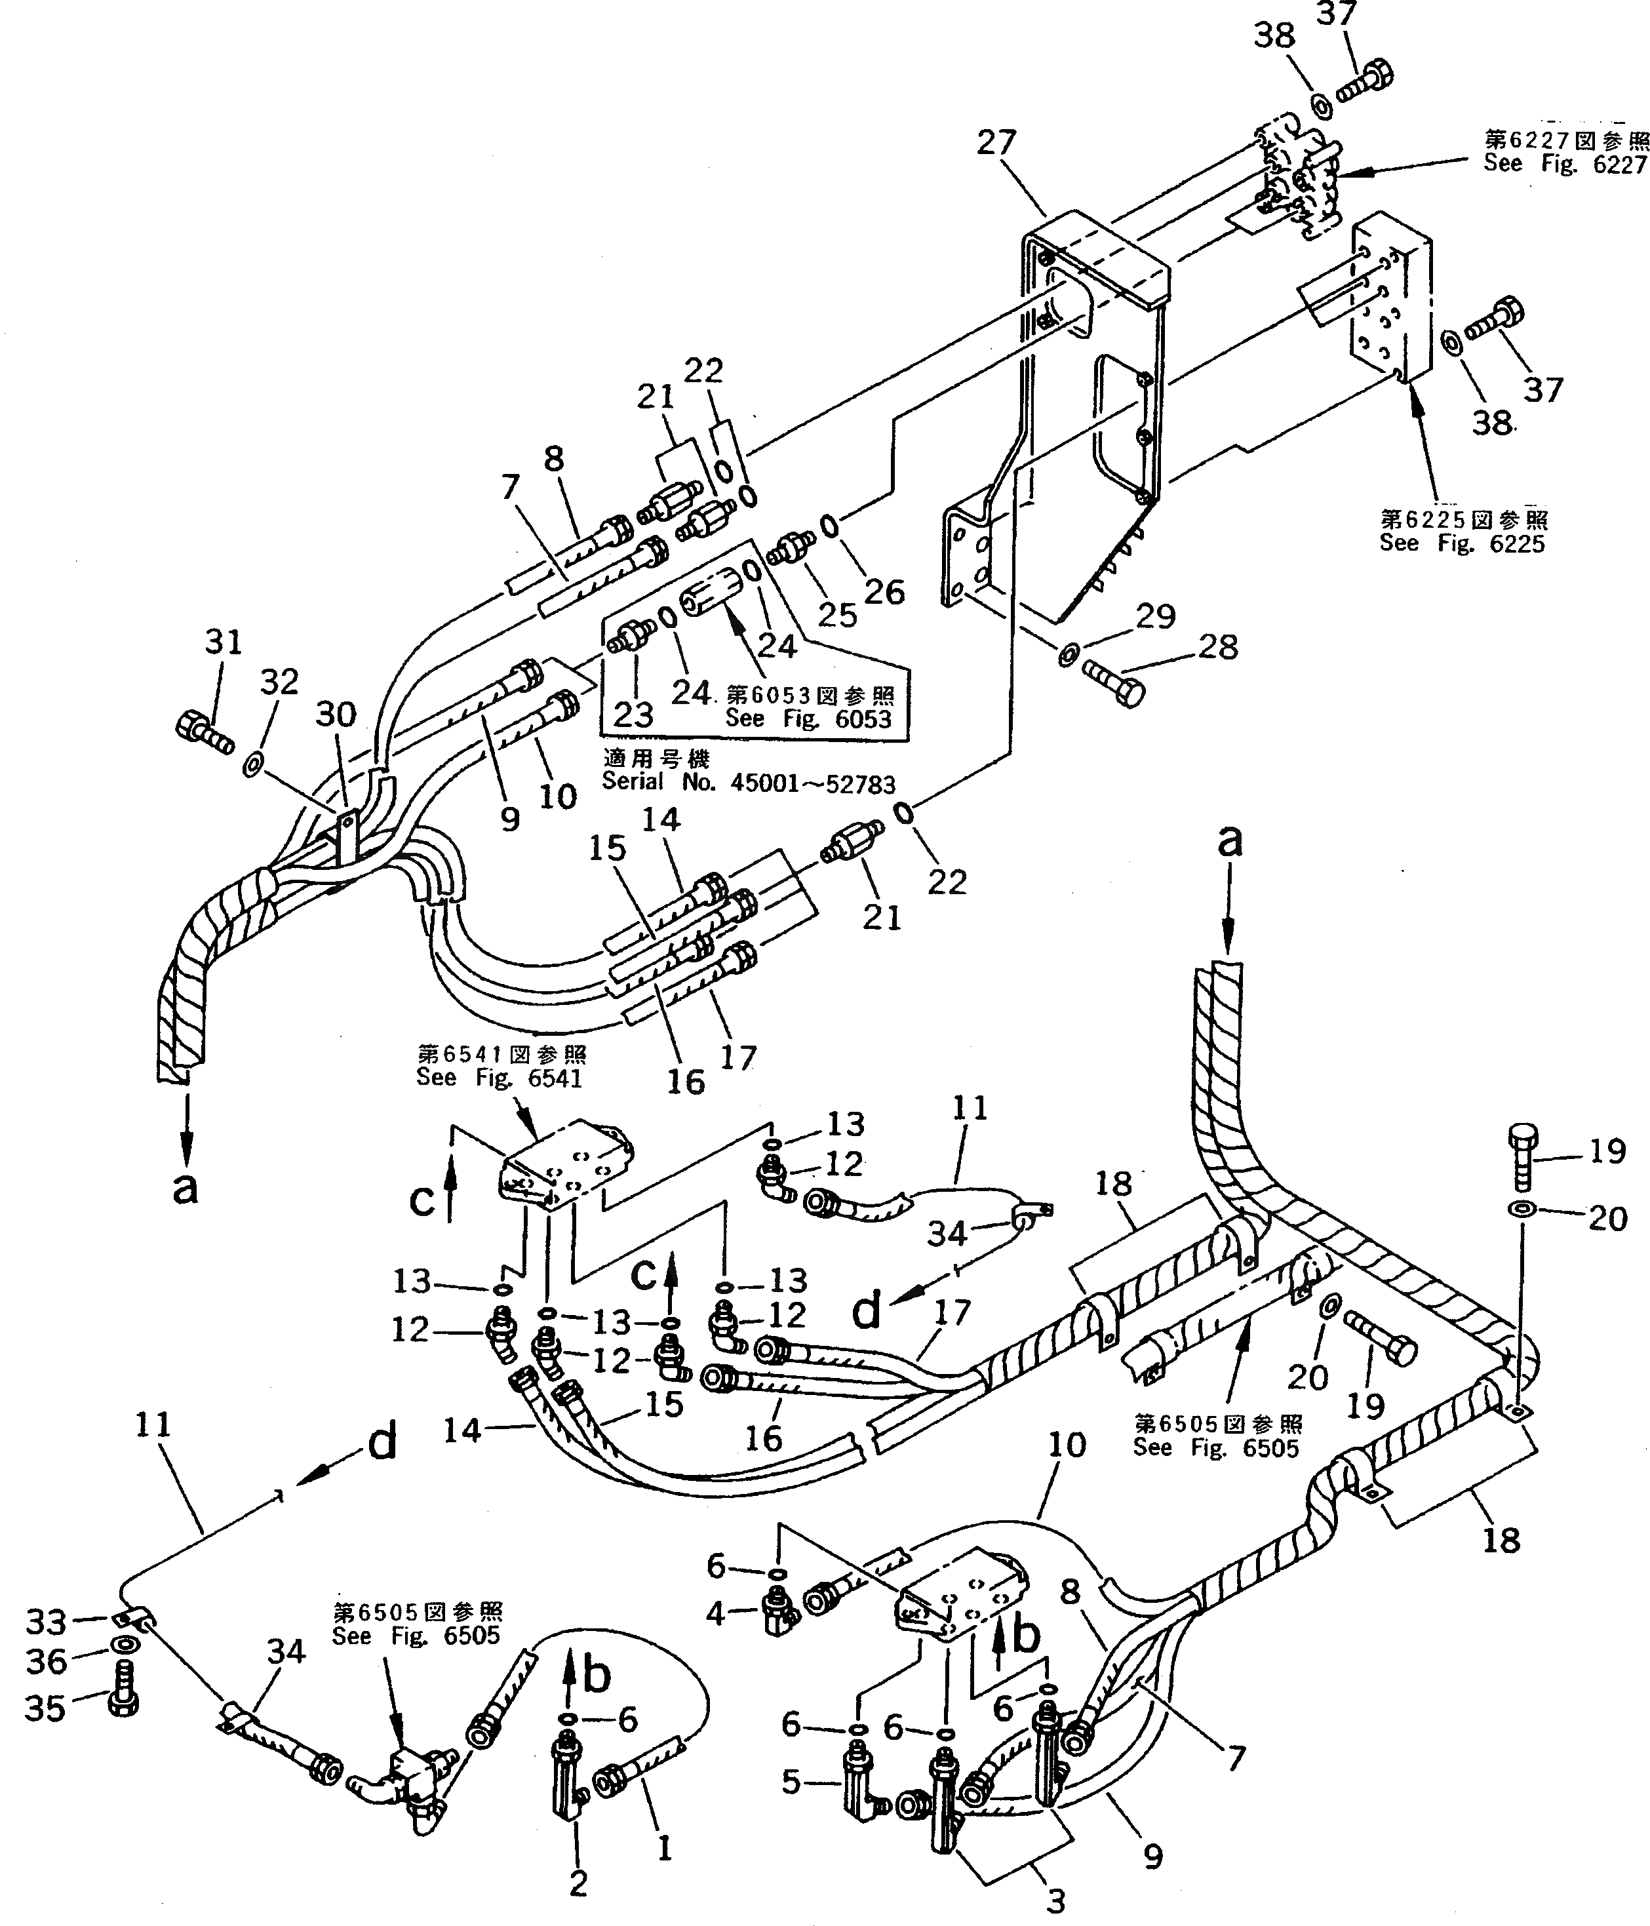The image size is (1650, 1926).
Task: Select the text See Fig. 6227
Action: [1565, 164]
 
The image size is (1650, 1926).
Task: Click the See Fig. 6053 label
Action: [808, 718]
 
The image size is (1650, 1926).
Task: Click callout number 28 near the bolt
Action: [1219, 646]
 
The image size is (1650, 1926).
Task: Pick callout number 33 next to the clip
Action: [45, 1622]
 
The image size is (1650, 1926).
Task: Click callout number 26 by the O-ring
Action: [884, 591]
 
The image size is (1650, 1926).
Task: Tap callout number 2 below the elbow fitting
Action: [578, 1883]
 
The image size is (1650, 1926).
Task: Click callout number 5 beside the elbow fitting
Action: [790, 1782]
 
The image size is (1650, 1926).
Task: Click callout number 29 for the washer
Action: [1156, 616]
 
